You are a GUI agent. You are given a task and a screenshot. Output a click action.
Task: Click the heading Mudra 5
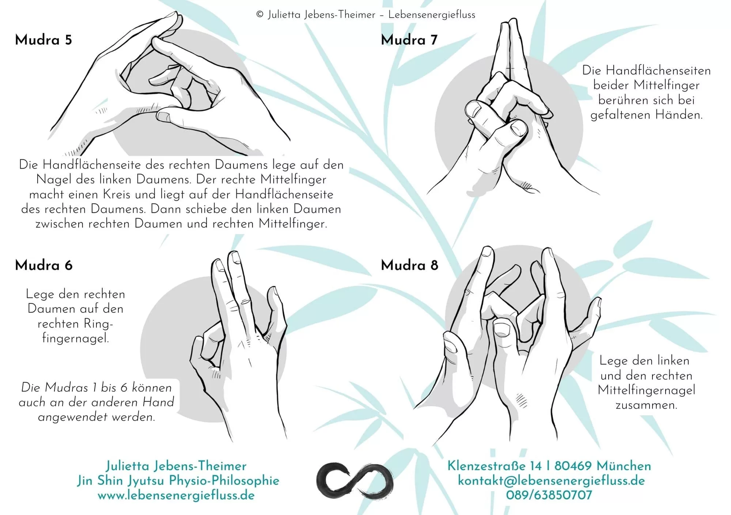pos(43,40)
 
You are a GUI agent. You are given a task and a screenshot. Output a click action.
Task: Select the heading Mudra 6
pos(43,265)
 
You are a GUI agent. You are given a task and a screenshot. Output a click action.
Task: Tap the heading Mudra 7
pos(409,40)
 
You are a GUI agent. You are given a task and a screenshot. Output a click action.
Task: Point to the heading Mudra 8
pos(409,265)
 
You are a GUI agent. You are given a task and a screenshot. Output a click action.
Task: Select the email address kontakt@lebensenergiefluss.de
pos(551,481)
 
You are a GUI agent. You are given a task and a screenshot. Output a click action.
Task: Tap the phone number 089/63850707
pos(549,495)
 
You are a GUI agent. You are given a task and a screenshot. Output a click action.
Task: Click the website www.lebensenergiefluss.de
pos(176,496)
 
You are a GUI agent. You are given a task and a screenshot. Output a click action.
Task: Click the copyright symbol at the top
pos(260,15)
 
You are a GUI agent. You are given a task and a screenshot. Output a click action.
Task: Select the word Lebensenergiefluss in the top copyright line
pos(432,15)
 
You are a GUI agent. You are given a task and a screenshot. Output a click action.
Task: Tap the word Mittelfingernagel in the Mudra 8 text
pos(646,390)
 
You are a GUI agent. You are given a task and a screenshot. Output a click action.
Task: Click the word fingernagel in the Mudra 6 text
pos(75,338)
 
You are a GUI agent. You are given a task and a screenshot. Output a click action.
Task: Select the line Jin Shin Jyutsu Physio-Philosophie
pos(178,481)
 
